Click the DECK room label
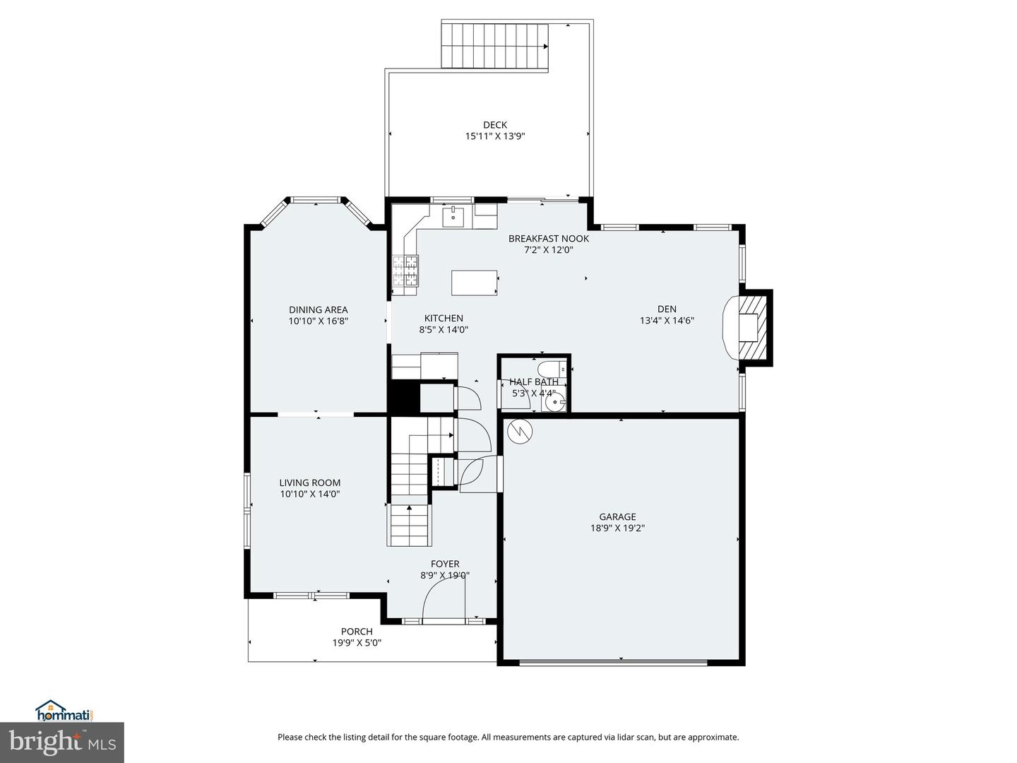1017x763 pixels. (494, 125)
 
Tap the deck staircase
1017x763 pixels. (495, 46)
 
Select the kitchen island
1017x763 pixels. (475, 283)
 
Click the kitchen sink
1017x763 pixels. (452, 217)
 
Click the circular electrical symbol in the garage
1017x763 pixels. (521, 431)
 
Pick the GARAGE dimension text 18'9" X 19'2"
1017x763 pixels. (617, 528)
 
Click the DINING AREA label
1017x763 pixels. (318, 309)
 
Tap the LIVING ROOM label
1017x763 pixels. (309, 483)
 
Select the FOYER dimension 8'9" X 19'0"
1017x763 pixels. (445, 575)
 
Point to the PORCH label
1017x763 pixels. (357, 632)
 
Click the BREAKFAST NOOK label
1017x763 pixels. (548, 238)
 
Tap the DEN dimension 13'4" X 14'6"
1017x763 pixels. (667, 320)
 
